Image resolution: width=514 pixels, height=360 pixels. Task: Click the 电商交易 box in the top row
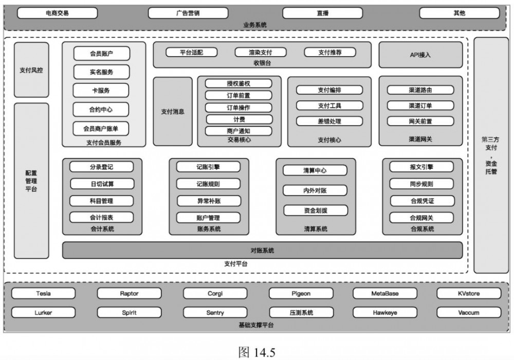[57, 13]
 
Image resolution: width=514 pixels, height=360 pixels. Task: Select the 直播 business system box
[322, 13]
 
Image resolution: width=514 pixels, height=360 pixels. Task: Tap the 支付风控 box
[31, 70]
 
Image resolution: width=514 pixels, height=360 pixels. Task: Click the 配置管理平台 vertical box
[31, 181]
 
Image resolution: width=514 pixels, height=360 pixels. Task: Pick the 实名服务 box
[101, 72]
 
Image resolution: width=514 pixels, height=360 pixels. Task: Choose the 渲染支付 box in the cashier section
[261, 52]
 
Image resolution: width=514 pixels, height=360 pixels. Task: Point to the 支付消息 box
[173, 112]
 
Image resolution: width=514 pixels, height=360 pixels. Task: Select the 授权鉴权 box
[238, 83]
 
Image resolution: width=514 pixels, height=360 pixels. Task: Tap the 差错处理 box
[329, 121]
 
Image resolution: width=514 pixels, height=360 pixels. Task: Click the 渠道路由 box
[420, 90]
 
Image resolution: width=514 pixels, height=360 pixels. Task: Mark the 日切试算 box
[102, 184]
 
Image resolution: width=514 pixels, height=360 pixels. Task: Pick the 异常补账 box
[208, 201]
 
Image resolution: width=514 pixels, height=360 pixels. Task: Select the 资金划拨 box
[315, 210]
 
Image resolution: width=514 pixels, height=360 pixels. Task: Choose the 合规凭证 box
[421, 201]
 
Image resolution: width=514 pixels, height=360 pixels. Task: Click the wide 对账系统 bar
[262, 250]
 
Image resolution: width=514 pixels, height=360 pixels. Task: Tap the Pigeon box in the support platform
[301, 294]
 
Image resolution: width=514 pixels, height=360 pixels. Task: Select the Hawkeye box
[385, 312]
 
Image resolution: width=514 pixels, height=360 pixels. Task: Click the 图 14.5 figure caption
[257, 352]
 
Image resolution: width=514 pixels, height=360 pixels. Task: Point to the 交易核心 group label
[239, 140]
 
